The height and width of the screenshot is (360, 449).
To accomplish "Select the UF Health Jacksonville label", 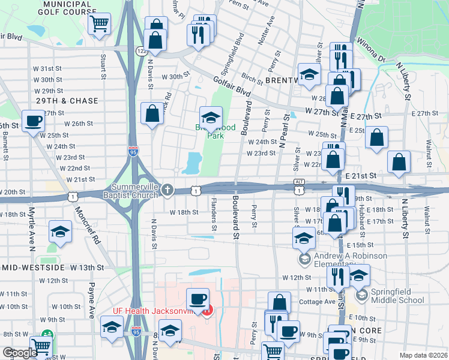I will pos(155,311).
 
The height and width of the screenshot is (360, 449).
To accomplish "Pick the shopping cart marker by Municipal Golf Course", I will pos(99,25).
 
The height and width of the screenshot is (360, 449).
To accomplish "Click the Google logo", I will pos(20,353).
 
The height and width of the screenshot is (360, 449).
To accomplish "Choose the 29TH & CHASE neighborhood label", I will pos(67,101).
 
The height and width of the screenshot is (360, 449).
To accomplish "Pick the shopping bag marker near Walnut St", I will pos(399,162).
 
